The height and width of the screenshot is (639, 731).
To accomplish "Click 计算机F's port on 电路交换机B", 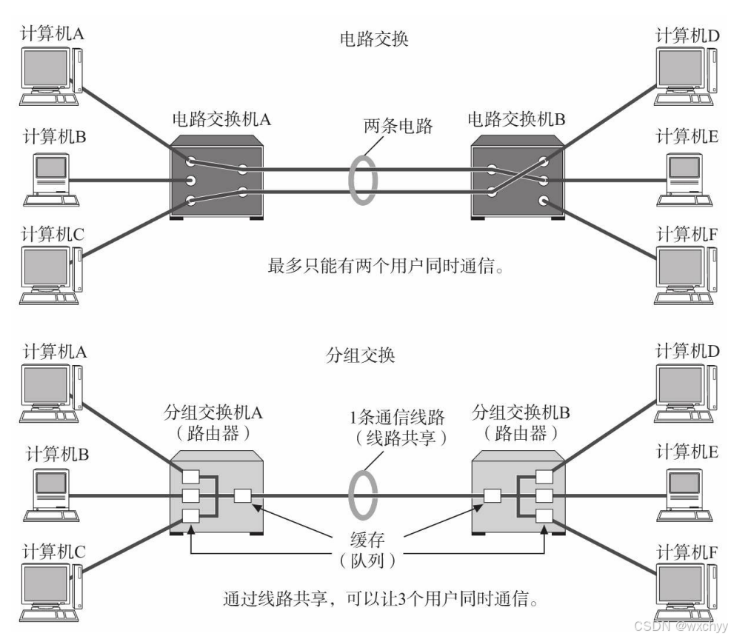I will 544,201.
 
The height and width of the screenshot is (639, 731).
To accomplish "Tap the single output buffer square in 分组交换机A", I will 242,496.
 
